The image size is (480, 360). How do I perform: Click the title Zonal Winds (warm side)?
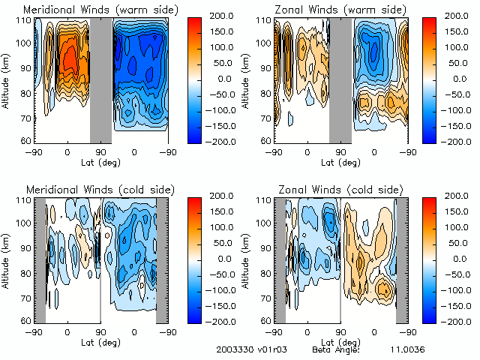[342, 10]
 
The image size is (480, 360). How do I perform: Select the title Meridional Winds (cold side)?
[100, 188]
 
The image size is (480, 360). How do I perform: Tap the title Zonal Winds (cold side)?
[341, 188]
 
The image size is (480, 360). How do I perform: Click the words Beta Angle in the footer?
[336, 350]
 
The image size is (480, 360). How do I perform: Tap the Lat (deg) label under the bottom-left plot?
[100, 340]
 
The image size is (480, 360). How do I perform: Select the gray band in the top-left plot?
[100, 79]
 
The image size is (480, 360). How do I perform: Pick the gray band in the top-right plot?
[340, 79]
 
